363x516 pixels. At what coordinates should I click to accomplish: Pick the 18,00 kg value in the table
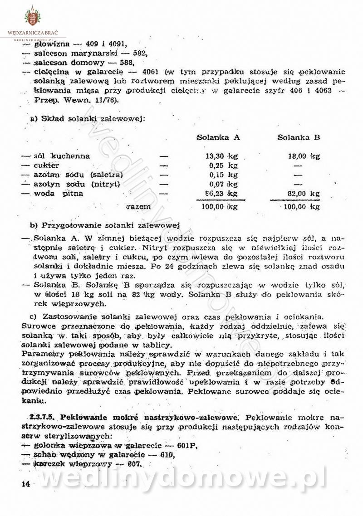pos(304,156)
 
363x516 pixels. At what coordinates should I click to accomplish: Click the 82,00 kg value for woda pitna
pos(304,194)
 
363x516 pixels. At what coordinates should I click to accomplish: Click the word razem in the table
pos(139,206)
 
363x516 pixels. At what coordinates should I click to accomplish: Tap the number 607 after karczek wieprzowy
pos(134,464)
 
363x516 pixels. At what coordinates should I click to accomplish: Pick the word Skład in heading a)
pos(53,119)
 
